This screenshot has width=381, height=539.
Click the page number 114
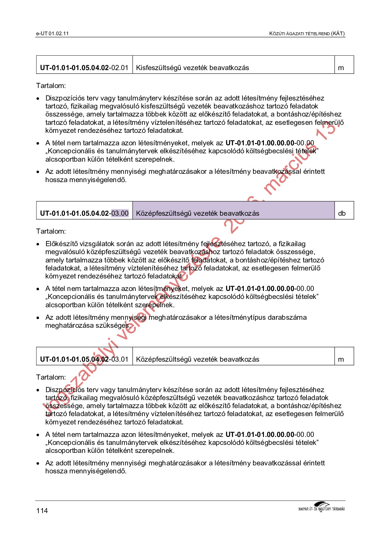(x=42, y=511)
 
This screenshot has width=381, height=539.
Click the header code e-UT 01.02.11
(x=52, y=34)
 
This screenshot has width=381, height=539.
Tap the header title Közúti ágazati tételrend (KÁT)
(x=307, y=34)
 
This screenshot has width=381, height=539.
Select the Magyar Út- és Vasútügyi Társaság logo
(x=321, y=507)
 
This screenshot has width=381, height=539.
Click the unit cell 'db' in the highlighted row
(x=342, y=213)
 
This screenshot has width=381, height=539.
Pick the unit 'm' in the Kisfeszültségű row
(x=341, y=68)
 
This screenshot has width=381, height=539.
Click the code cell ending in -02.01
(x=84, y=68)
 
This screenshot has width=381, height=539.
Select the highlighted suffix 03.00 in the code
(x=120, y=213)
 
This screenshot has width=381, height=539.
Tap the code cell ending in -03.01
(x=84, y=359)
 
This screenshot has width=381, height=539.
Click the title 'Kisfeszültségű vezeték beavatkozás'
(x=192, y=68)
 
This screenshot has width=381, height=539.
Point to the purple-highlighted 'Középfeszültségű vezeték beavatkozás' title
(x=197, y=213)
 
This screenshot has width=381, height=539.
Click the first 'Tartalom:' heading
(x=51, y=86)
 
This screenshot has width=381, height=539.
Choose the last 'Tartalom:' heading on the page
(x=51, y=377)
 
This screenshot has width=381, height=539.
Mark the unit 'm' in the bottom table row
(x=341, y=359)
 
